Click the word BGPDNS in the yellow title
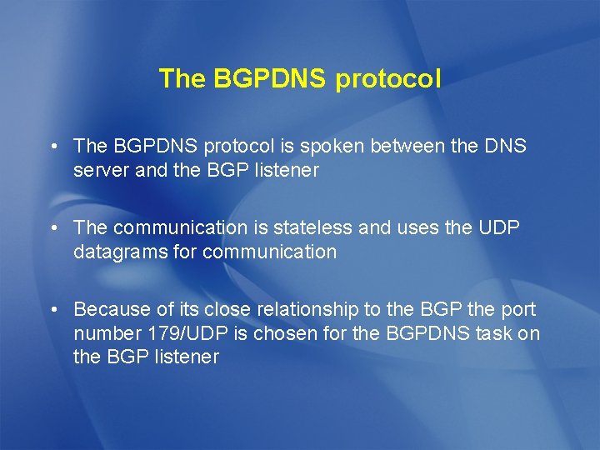coord(270,79)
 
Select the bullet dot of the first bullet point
coord(52,147)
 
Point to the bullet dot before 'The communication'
coord(52,228)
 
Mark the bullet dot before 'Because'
coord(52,310)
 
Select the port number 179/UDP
coord(178,333)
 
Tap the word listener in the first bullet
coord(288,170)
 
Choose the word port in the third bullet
coord(517,310)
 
